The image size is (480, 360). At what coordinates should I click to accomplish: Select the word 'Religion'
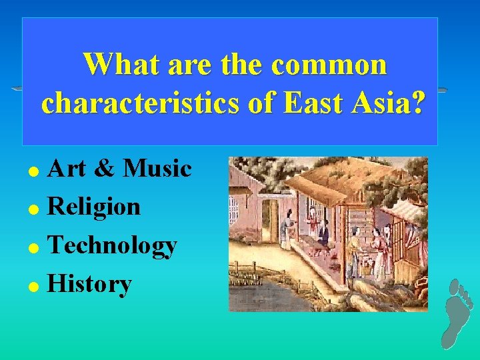[x=94, y=207]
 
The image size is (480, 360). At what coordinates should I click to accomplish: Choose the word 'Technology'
[x=113, y=247]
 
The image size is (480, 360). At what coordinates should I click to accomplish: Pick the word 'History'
[x=90, y=285]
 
